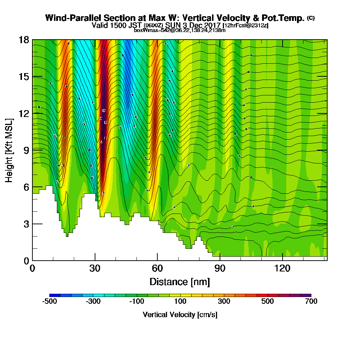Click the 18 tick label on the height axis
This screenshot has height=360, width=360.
tap(24, 40)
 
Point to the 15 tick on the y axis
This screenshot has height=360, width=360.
tap(24, 77)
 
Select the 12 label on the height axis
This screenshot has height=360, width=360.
tap(24, 113)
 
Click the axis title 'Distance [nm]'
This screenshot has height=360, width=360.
tap(180, 282)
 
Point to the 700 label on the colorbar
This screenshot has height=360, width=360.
tap(311, 301)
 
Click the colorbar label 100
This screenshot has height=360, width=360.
tap(180, 301)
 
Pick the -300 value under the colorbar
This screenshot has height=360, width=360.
tap(93, 301)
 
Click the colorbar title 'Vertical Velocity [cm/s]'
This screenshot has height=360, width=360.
tap(180, 315)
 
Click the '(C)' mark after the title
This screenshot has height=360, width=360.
tap(311, 18)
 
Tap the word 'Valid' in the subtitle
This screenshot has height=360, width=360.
tap(100, 25)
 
